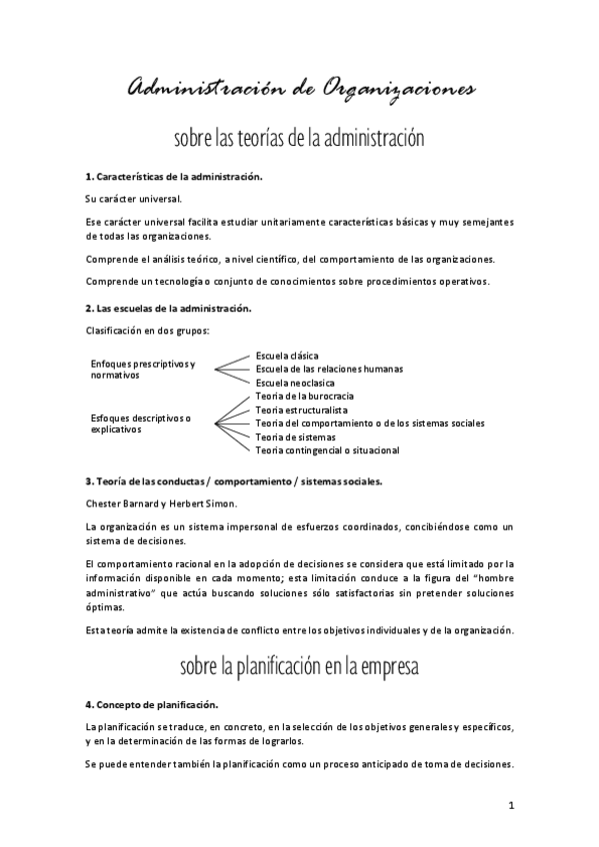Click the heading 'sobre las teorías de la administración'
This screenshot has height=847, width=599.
pos(299,137)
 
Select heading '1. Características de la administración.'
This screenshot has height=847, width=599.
pos(174,176)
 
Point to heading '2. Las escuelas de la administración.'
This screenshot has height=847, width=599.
pos(168,308)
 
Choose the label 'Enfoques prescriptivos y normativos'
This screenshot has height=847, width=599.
pos(143,369)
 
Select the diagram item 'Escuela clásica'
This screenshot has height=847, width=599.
pos(287,355)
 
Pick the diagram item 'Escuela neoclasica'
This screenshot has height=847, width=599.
pos(295,383)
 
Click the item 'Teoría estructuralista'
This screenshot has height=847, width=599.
pos(302,410)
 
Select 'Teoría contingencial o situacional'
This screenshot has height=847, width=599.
pos(327,450)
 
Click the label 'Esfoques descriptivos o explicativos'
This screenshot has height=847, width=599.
pos(141,423)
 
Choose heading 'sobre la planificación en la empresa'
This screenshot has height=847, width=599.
pos(299,666)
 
